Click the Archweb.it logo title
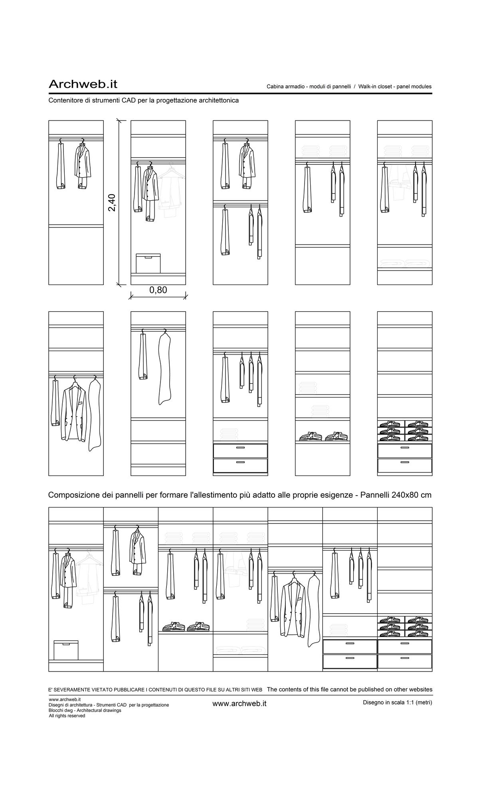[83, 84]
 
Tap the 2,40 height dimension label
[112, 203]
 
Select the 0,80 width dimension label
[158, 290]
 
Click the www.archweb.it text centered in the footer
[240, 703]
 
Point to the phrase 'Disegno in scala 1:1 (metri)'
[398, 702]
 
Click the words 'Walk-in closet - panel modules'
[395, 87]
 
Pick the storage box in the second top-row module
[148, 263]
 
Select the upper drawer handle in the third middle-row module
[240, 448]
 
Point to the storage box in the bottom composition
[66, 650]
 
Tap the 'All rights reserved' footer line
[67, 716]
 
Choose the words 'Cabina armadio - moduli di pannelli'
[309, 87]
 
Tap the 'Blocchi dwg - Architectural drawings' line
[85, 710]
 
